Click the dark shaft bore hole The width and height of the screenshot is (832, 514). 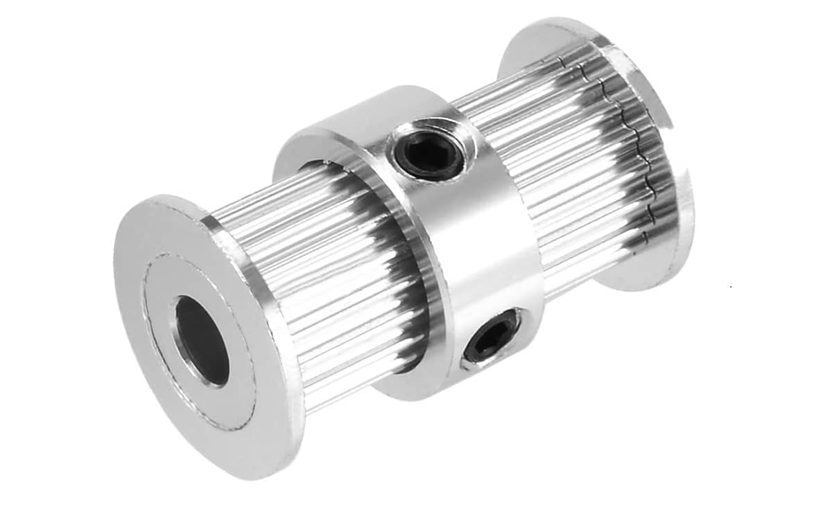[x=201, y=339]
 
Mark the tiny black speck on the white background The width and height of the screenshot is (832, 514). [x=732, y=285]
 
